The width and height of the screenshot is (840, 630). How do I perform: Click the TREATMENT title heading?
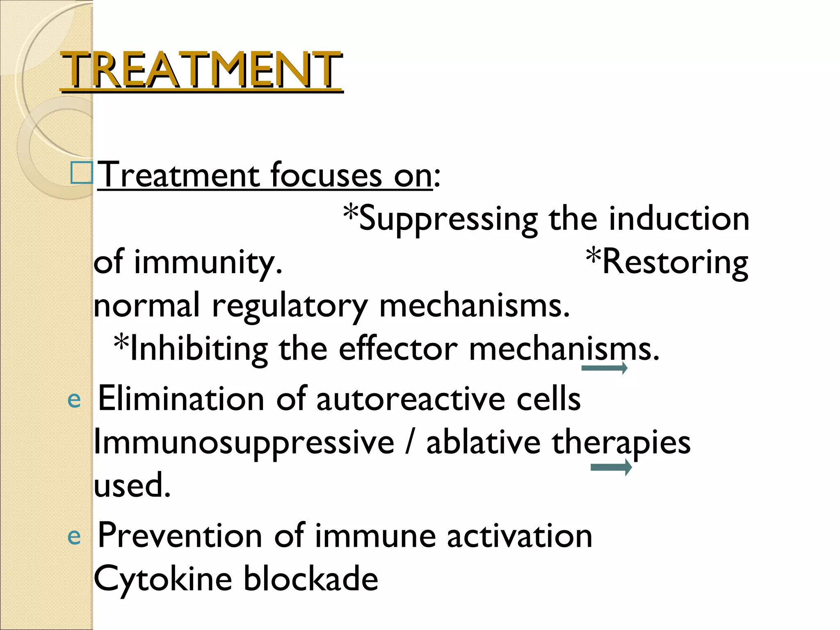pos(201,70)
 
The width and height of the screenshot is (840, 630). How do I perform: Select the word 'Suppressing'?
pos(447,220)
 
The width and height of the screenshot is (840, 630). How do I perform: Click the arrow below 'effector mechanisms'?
pos(604,368)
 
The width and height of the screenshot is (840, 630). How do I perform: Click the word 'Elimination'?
pos(181,399)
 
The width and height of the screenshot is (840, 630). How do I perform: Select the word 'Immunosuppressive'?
pos(244,443)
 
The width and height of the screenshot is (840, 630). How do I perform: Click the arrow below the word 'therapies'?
pos(611,467)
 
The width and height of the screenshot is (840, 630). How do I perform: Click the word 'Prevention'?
pos(180,536)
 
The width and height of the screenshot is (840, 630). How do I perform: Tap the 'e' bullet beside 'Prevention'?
pos(74,536)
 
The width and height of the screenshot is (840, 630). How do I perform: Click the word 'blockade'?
pos(310,579)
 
